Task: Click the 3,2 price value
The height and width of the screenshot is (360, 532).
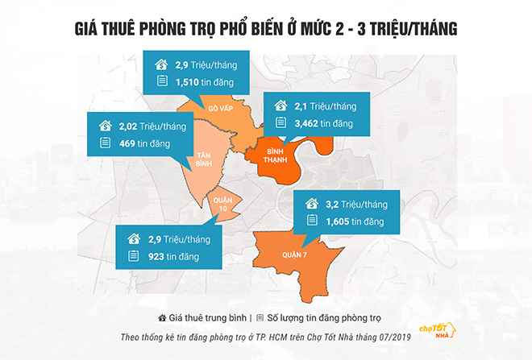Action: click(x=330, y=204)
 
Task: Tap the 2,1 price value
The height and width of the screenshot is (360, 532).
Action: click(x=301, y=106)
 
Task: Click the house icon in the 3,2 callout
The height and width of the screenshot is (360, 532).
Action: click(x=310, y=204)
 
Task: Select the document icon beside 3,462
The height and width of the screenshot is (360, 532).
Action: click(x=281, y=122)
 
